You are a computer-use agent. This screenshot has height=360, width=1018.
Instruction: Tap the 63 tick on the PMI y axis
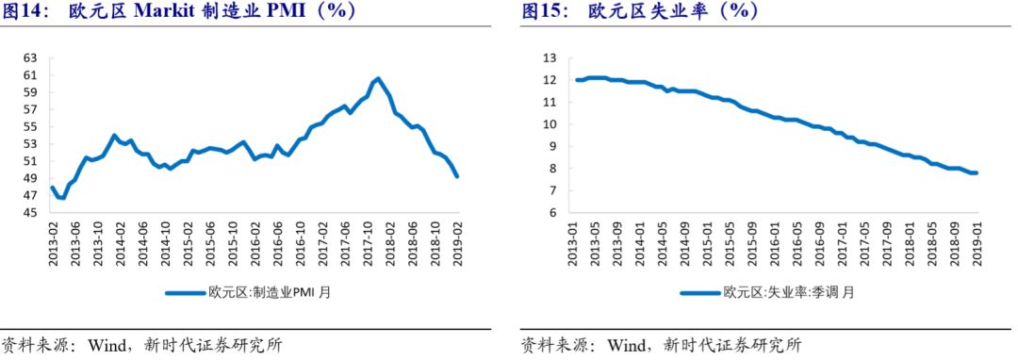[x=30, y=58]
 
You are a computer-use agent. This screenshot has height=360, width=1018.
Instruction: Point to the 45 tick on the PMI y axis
[x=30, y=213]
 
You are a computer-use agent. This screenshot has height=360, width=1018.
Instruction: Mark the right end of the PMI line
[x=458, y=176]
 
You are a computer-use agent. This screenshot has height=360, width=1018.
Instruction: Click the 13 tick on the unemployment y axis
[x=550, y=58]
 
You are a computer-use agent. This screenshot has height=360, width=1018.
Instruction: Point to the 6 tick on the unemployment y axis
[x=553, y=213]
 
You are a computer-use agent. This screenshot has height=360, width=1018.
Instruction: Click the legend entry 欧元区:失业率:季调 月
[x=767, y=292]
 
